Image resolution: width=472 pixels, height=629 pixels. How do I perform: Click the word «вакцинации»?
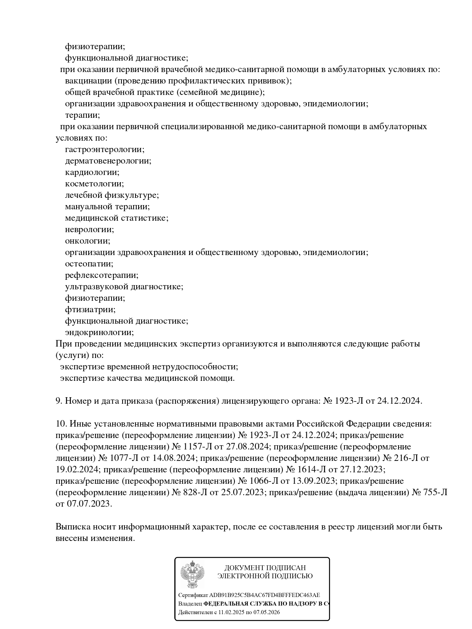pos(88,81)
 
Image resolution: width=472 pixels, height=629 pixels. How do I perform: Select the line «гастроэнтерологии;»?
pos(105,149)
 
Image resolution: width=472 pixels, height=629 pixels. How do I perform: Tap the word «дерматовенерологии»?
pos(107,161)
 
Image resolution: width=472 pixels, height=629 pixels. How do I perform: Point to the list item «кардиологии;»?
pos(92,172)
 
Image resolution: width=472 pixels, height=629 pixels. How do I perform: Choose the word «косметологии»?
pos(94,184)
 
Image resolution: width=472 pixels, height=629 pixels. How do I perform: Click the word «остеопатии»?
pos(88,264)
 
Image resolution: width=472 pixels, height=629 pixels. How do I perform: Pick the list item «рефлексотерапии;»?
pos(102,275)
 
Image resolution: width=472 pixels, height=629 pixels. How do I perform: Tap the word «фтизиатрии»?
pos(89,310)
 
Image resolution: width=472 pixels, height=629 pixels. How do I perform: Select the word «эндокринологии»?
pos(99,332)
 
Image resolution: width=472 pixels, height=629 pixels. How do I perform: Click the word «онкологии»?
pos(87,241)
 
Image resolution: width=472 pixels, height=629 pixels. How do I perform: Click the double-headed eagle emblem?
pos(193,574)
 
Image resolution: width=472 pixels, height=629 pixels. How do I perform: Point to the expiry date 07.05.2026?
pos(266,613)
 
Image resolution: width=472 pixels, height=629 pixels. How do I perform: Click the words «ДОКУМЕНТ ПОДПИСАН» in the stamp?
pos(265,568)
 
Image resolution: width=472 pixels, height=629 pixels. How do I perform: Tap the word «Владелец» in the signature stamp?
pos(190,604)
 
